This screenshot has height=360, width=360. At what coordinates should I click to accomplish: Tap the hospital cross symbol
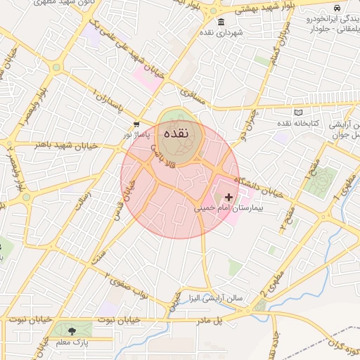pyautogui.click(x=229, y=198)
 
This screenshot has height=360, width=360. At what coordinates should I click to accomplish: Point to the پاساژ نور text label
pyautogui.click(x=136, y=134)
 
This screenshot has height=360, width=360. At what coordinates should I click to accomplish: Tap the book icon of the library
pyautogui.click(x=298, y=112)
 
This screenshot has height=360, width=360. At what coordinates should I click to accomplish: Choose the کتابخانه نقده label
pyautogui.click(x=296, y=123)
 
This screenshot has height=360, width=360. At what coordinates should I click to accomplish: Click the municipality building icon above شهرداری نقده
pyautogui.click(x=221, y=22)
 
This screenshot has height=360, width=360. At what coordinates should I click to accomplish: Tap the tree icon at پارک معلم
pyautogui.click(x=72, y=330)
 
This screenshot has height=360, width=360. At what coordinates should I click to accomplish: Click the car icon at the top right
pyautogui.click(x=337, y=7)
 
